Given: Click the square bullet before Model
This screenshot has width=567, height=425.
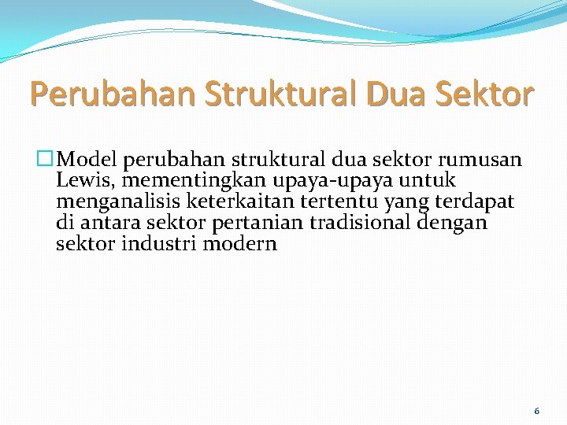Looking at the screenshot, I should click(47, 161).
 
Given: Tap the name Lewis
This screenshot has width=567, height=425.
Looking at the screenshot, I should click(81, 182).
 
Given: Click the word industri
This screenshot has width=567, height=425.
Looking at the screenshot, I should click(160, 243).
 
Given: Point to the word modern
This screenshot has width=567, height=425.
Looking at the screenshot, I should click(239, 243).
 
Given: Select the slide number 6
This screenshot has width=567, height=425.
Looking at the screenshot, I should click(536, 411).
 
